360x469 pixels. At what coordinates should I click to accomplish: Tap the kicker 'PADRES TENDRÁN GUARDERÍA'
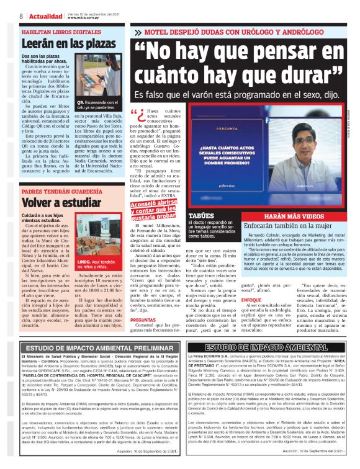point(57,191)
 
